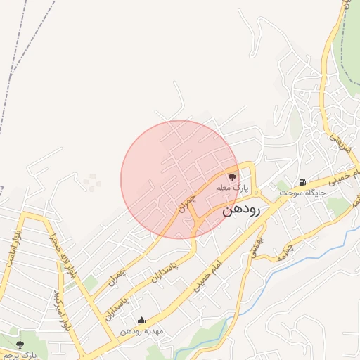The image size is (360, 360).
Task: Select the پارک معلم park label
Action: coord(233,188)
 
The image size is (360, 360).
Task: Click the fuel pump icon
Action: coord(302,182)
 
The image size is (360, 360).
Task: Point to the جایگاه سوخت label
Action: coord(302,192)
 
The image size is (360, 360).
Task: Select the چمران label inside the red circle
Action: coord(186,203)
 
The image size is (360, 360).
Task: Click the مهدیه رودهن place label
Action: coord(141,330)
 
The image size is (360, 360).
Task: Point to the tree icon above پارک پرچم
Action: coord(19,345)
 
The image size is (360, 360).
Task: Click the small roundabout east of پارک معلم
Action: coord(257,193)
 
